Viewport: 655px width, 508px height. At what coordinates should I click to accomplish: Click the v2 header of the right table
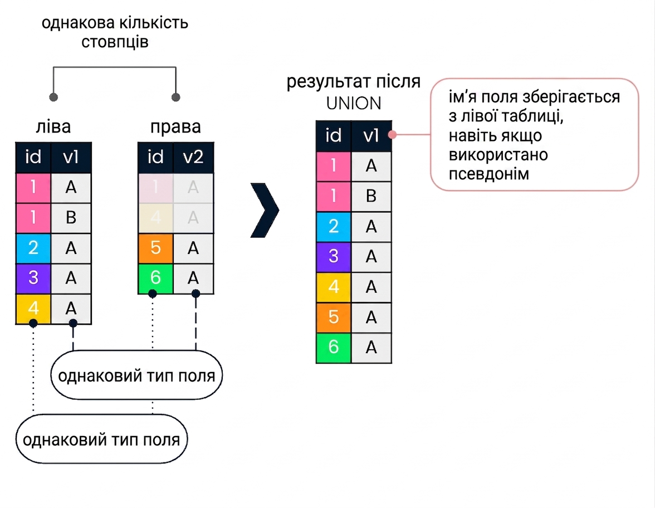(193, 158)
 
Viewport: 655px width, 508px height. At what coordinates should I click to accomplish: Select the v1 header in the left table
(71, 158)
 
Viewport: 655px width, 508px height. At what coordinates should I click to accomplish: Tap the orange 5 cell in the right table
(155, 248)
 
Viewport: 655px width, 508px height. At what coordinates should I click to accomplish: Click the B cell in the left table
(71, 218)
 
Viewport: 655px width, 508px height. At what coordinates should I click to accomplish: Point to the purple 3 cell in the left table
(33, 279)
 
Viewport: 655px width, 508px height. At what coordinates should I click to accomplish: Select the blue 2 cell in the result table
(333, 226)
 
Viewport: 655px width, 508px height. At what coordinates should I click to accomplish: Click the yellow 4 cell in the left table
(33, 309)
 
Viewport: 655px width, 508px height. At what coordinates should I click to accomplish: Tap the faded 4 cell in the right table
(155, 218)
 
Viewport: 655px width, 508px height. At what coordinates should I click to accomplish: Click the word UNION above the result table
(354, 104)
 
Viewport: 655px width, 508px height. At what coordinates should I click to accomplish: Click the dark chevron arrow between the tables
(265, 210)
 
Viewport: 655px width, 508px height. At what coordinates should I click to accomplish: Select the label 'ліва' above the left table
(53, 126)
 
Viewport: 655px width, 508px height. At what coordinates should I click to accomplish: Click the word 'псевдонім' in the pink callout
(489, 174)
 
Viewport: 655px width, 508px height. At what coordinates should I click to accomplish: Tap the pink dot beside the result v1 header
(392, 135)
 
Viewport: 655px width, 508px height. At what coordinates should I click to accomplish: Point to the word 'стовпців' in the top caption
(115, 42)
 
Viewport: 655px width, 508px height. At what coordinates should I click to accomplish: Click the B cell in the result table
(372, 196)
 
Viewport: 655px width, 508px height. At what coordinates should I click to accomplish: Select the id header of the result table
(333, 136)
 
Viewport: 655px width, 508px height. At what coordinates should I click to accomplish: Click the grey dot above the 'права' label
(176, 97)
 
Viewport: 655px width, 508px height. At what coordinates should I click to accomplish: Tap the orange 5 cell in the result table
(333, 317)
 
